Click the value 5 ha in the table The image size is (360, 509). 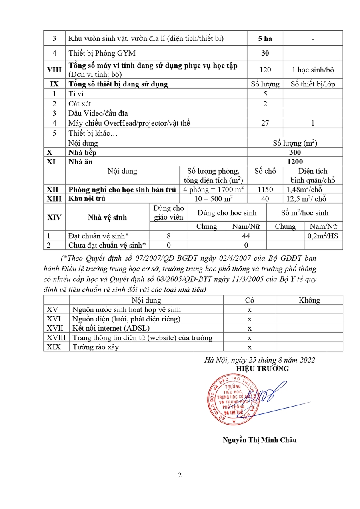pyautogui.click(x=265, y=38)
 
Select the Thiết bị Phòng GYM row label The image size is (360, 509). pyautogui.click(x=102, y=53)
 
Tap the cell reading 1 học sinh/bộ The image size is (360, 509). pyautogui.click(x=313, y=70)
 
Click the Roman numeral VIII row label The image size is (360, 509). pyautogui.click(x=54, y=70)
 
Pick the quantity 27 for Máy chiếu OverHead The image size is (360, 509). pyautogui.click(x=265, y=123)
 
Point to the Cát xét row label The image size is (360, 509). pyautogui.click(x=80, y=104)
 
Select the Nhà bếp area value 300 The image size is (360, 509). pyautogui.click(x=295, y=152)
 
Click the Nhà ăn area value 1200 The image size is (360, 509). pyautogui.click(x=295, y=162)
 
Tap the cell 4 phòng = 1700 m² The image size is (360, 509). pyautogui.click(x=214, y=190)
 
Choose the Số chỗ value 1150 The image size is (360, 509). pyautogui.click(x=265, y=190)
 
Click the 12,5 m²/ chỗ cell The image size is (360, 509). pyautogui.click(x=306, y=199)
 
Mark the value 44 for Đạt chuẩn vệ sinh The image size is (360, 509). pyautogui.click(x=246, y=236)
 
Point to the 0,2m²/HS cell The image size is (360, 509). pyautogui.click(x=323, y=236)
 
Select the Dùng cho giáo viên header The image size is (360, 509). pyautogui.click(x=168, y=213)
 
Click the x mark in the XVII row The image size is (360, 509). pyautogui.click(x=249, y=328)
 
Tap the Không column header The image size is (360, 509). pyautogui.click(x=309, y=300)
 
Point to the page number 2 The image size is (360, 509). pyautogui.click(x=180, y=475)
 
